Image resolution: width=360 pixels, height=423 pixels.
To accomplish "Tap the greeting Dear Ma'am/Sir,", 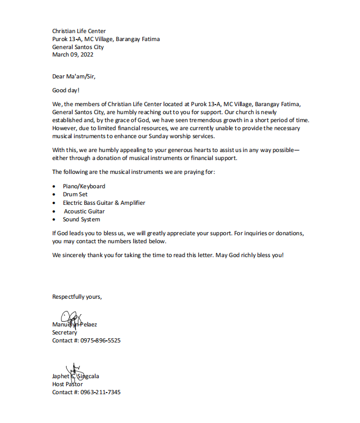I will (x=74, y=76).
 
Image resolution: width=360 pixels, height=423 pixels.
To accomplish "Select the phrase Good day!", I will (x=66, y=90).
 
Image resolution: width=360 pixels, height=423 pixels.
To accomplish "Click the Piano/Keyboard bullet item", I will (x=84, y=186).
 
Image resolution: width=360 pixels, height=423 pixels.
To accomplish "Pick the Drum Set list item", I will (x=75, y=194).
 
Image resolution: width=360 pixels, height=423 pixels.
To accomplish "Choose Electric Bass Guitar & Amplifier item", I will (x=104, y=203).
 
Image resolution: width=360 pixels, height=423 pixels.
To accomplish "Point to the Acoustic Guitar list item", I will (x=84, y=211).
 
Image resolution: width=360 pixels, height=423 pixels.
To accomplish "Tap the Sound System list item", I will (x=81, y=219).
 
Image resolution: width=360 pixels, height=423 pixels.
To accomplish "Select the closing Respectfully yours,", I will (x=77, y=297).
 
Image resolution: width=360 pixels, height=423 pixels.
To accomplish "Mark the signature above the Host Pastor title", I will (x=74, y=370).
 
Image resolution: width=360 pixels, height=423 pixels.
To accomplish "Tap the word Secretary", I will (x=65, y=332).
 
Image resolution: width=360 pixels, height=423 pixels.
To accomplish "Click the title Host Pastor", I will (x=67, y=384).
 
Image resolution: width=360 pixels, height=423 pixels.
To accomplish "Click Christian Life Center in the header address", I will (x=79, y=31).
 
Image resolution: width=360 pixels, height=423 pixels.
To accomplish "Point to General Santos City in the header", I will (x=78, y=47).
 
